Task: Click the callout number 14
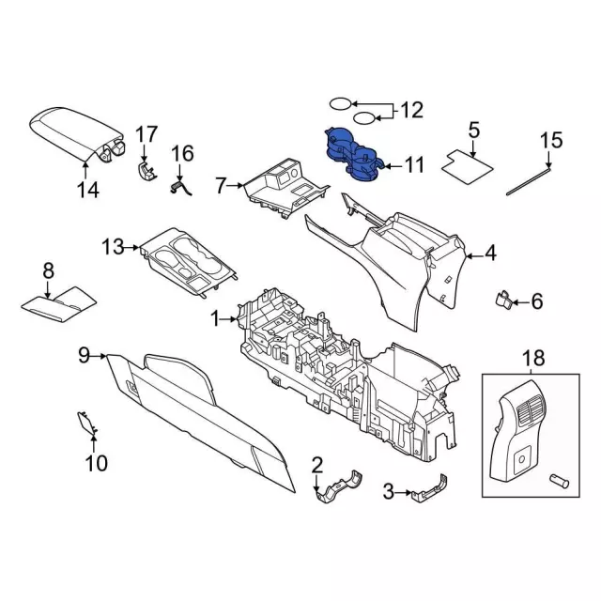(86, 191)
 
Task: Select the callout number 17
(146, 134)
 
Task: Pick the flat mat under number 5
(468, 162)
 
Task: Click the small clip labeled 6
(504, 300)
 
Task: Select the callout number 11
(414, 166)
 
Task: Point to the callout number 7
(221, 186)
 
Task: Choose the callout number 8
(49, 272)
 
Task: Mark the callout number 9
(83, 354)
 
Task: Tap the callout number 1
(217, 319)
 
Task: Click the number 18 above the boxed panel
(532, 357)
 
